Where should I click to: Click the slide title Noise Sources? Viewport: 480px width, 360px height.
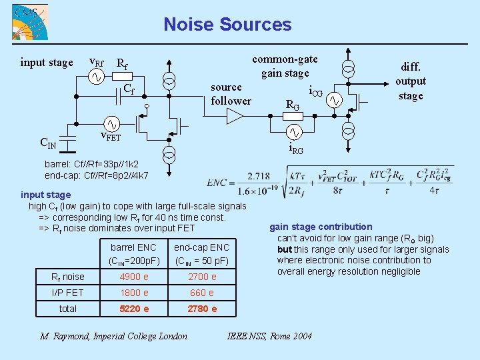point(227,25)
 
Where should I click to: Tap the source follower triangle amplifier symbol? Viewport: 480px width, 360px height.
point(235,117)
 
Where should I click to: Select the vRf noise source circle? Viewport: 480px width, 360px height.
point(95,77)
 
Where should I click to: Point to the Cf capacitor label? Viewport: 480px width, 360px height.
point(129,89)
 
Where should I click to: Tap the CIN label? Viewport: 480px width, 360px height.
point(48,142)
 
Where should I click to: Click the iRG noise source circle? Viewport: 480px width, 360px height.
point(294,131)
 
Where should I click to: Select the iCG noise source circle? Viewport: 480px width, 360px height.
point(333,101)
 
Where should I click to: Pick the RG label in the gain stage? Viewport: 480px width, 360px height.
point(293,105)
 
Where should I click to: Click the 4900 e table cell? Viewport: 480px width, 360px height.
point(133,277)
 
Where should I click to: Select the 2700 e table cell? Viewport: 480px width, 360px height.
point(201,277)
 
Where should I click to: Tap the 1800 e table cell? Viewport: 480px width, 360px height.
point(133,293)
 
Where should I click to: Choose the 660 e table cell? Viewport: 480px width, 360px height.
point(201,293)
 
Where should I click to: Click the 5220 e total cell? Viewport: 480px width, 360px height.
point(133,309)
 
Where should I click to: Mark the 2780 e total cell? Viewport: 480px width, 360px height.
point(201,309)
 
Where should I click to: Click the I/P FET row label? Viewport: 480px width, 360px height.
point(68,293)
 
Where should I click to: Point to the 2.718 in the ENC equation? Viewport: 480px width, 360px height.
point(257,176)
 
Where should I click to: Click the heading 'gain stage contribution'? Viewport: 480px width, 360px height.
point(321,227)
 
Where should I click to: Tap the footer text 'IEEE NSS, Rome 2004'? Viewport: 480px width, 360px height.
point(269,336)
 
